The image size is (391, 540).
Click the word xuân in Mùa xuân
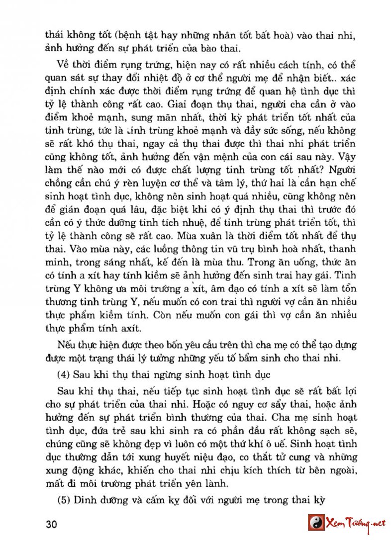coord(224,248)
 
